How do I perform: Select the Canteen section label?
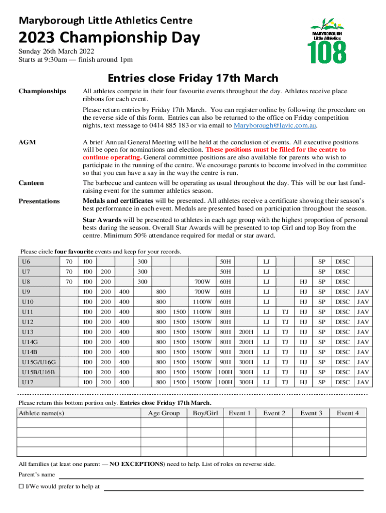[31, 183]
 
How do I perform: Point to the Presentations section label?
[39, 201]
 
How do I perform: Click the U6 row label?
[26, 262]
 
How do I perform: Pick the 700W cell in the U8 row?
[203, 282]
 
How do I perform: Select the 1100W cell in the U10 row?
[203, 302]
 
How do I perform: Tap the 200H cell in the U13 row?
[246, 332]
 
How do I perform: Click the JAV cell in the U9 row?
[362, 292]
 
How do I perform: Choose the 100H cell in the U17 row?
[226, 382]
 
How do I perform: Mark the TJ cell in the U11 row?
[285, 312]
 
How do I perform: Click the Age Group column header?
[163, 413]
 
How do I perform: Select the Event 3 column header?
[311, 413]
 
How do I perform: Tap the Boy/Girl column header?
[205, 413]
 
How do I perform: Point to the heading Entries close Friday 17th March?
[193, 78]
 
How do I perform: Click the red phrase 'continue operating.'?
[112, 157]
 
